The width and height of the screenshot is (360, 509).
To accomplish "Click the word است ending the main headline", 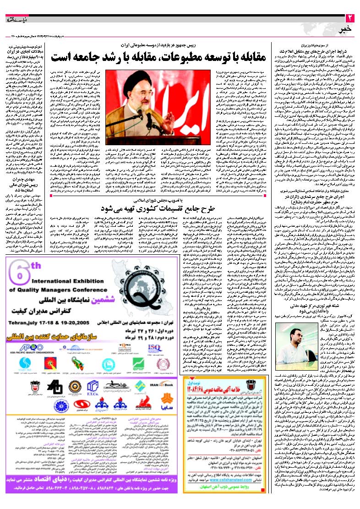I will tap(64, 57).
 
